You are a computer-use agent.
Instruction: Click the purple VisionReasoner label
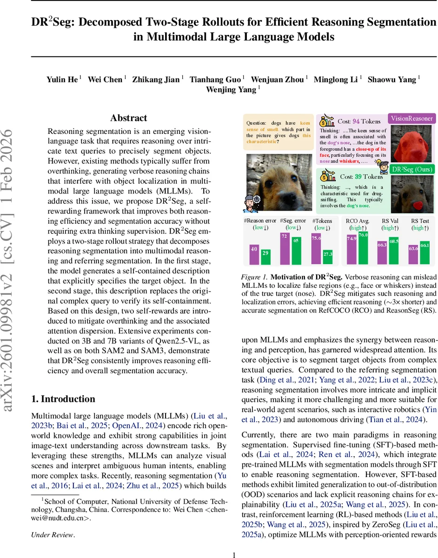tap(412, 119)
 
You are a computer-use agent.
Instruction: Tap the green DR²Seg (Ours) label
tap(411, 169)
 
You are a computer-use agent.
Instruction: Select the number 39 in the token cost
tap(358, 177)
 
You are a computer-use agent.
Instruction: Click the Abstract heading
tap(129, 118)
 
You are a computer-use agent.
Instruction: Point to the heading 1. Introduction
tap(63, 399)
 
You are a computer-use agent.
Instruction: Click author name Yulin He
tap(62, 80)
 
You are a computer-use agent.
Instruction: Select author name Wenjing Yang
tap(231, 90)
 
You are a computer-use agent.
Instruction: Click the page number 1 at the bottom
tap(234, 554)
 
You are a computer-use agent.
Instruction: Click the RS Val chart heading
tap(390, 221)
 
